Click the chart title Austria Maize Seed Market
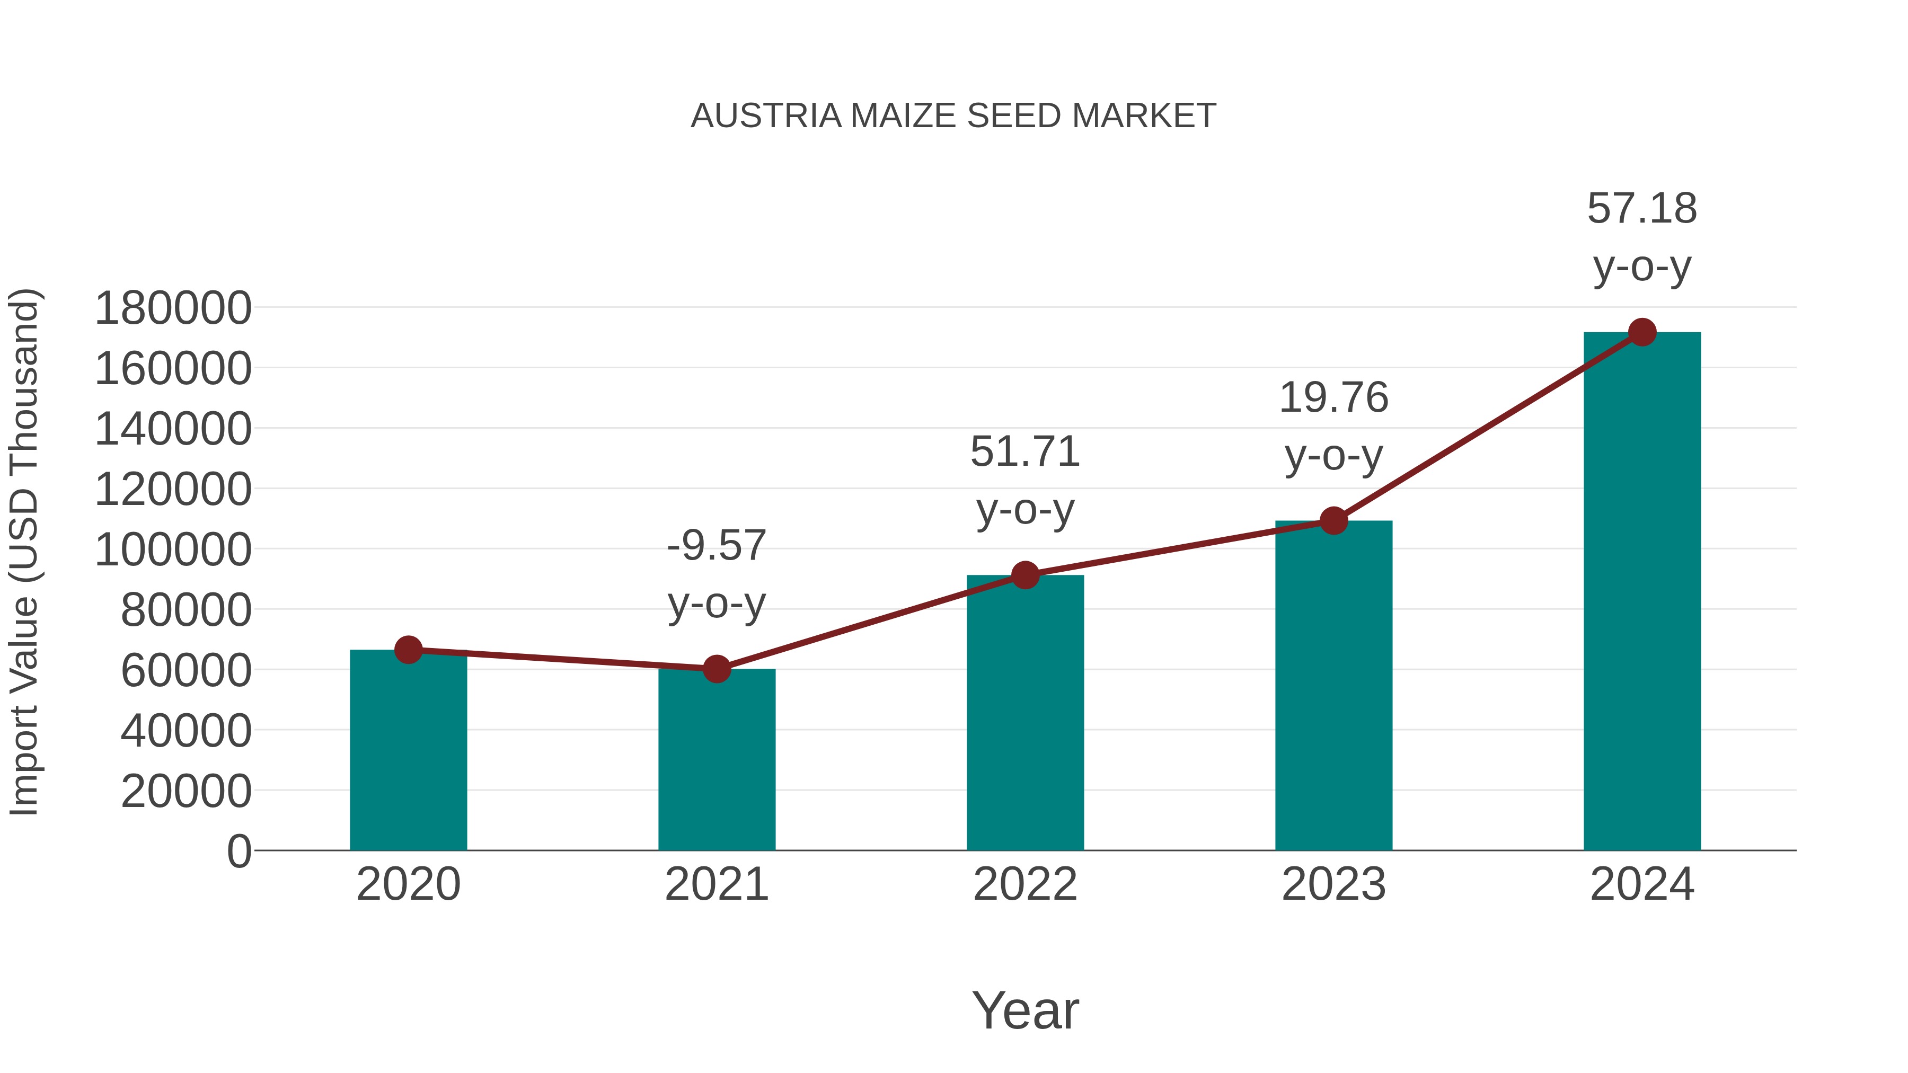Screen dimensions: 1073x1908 [x=953, y=116]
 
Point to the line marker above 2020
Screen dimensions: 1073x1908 [x=408, y=650]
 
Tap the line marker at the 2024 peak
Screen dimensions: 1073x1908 [x=1642, y=332]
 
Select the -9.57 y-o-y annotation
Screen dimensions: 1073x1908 [x=716, y=574]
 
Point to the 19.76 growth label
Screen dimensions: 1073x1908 [x=1333, y=426]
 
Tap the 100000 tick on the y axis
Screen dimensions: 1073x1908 [x=173, y=550]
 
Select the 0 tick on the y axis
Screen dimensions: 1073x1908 [x=238, y=852]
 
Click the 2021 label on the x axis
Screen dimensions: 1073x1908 [x=716, y=884]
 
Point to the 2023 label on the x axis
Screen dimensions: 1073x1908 [x=1333, y=884]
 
